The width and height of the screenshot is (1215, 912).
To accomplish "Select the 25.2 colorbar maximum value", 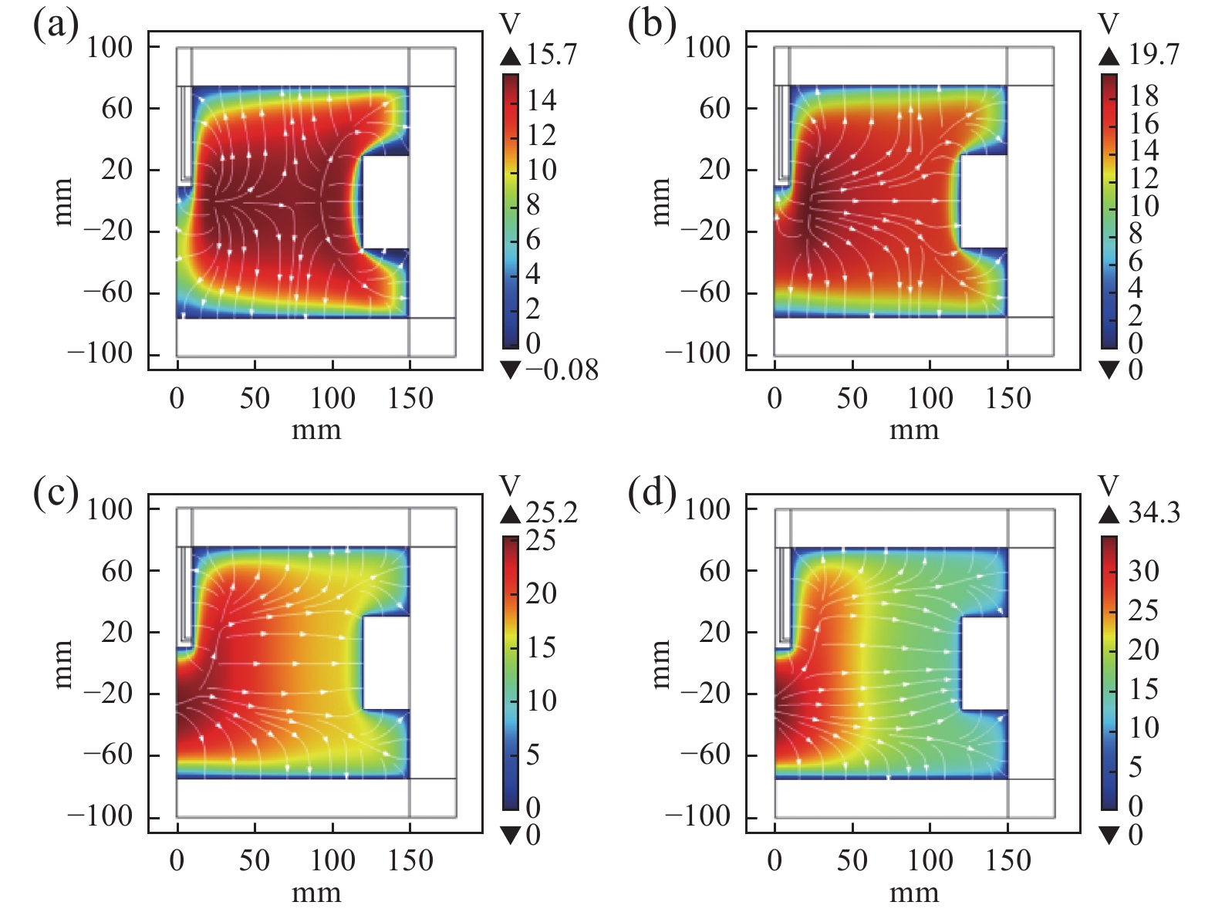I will click(552, 513).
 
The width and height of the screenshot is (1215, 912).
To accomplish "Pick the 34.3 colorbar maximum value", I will click(1153, 513).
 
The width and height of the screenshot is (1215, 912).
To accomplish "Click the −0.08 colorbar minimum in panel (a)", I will click(562, 370).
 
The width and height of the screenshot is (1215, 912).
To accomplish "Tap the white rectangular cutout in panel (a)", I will click(385, 202).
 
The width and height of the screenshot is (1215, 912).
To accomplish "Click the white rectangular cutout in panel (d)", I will click(984, 664).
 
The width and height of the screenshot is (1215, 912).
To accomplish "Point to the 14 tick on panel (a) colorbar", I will click(542, 100).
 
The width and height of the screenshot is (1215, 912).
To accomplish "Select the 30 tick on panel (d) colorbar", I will click(1143, 572).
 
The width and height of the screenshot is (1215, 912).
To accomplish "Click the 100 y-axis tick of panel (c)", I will click(110, 509).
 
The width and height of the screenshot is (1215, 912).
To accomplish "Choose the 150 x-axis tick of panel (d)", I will click(1007, 861).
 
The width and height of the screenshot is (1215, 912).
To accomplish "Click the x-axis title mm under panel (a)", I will click(316, 431).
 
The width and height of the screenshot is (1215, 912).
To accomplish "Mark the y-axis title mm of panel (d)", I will click(662, 664).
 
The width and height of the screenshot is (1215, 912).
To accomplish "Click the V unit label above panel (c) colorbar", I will click(510, 485).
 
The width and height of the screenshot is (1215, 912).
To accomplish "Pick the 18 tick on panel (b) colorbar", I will click(1143, 96).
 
